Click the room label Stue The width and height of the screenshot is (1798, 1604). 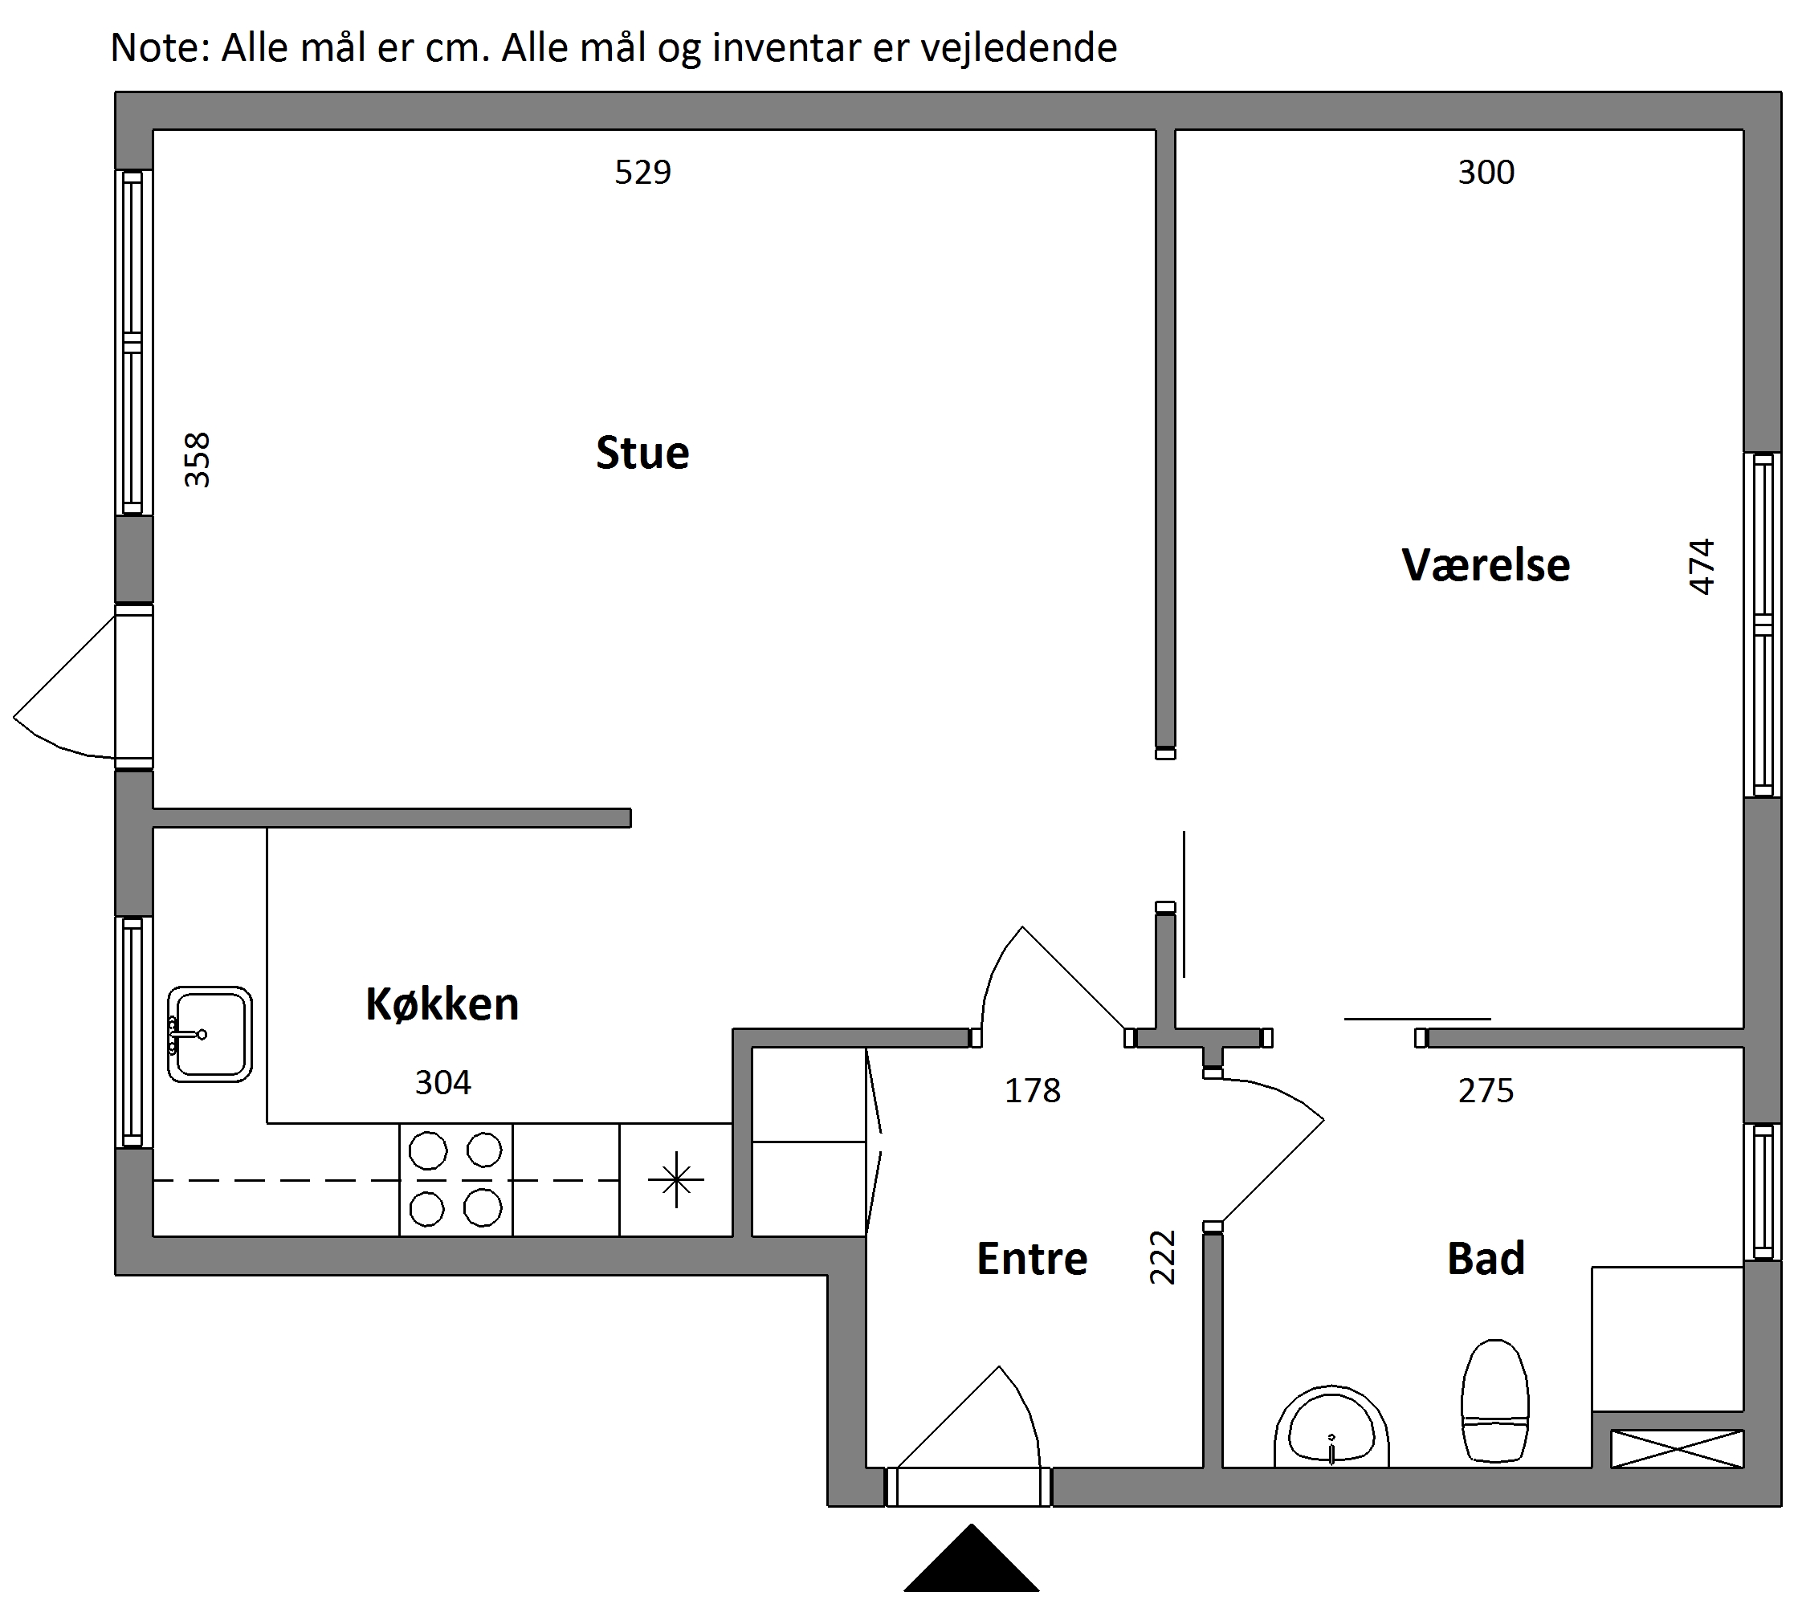[642, 453]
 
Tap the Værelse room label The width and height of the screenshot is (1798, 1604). [1486, 565]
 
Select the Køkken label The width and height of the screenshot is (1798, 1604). [442, 1004]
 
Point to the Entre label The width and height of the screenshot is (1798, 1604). [1032, 1259]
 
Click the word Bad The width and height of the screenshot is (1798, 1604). [1486, 1259]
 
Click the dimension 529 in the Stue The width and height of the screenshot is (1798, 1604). [642, 172]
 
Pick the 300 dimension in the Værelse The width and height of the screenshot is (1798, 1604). [1486, 172]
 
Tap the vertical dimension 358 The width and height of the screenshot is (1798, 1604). [197, 460]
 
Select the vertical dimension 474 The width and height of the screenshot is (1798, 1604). [1701, 567]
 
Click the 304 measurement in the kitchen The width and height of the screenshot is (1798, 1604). [443, 1082]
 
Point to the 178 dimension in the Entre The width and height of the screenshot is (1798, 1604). [1033, 1091]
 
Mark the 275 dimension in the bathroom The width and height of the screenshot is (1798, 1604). [1486, 1091]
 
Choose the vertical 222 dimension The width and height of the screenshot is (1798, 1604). [1163, 1258]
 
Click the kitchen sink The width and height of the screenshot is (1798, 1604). [210, 1035]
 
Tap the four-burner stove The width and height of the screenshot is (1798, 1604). [455, 1180]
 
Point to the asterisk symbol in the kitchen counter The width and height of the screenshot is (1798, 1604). [676, 1179]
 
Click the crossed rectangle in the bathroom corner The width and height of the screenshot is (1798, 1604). [1678, 1449]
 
